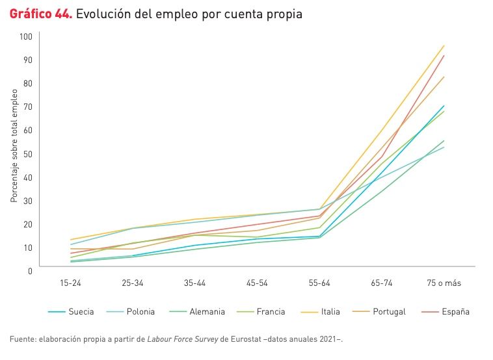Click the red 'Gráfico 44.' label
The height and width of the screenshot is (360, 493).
[40, 14]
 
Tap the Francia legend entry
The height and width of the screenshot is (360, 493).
[270, 311]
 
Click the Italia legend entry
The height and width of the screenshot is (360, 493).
[330, 311]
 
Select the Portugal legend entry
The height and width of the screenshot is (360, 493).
[389, 311]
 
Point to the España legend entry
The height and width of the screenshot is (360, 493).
[455, 311]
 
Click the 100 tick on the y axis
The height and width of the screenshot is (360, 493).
[26, 36]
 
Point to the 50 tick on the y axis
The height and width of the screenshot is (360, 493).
[28, 153]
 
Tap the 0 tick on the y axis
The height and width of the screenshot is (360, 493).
[30, 270]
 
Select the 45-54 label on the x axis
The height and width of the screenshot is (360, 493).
[256, 283]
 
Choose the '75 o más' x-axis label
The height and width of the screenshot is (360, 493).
[444, 283]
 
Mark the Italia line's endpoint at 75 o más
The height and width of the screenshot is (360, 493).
[444, 45]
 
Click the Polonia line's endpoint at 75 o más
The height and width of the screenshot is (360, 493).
[444, 147]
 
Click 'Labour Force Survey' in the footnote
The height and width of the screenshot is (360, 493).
[182, 339]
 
